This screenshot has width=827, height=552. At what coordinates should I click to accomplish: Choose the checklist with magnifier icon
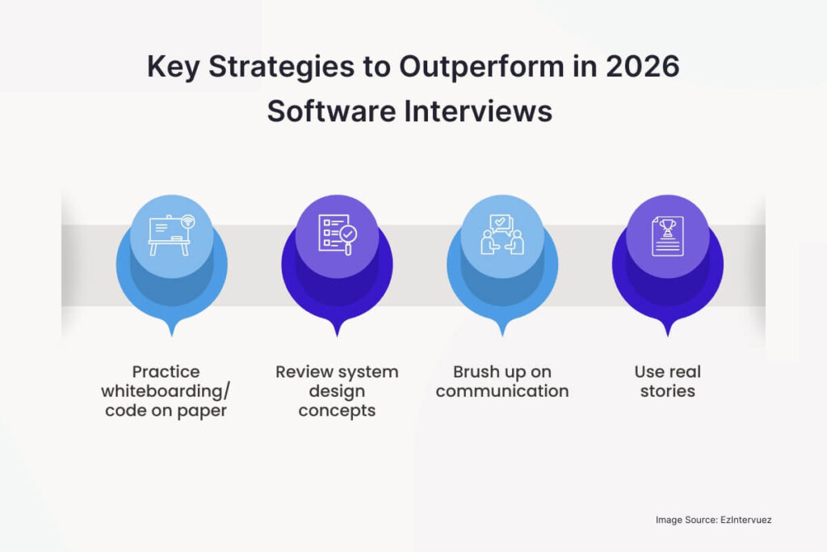click(x=337, y=234)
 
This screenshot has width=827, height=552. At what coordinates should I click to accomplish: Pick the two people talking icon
click(x=502, y=234)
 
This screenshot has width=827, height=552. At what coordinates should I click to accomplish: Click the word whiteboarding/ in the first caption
click(x=166, y=391)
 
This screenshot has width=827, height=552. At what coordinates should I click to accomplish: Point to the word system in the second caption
click(x=368, y=372)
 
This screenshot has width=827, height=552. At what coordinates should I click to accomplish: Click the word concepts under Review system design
click(x=337, y=411)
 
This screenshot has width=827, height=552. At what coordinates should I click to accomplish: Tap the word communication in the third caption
click(x=502, y=391)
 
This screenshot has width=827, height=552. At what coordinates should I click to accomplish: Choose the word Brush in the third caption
click(x=477, y=372)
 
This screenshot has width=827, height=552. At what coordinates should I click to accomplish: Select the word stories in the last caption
click(x=668, y=391)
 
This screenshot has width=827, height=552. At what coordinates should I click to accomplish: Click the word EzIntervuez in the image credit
click(x=748, y=520)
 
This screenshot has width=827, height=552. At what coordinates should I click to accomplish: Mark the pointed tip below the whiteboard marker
click(x=172, y=331)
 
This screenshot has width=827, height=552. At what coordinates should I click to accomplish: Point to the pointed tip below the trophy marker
click(x=668, y=331)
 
